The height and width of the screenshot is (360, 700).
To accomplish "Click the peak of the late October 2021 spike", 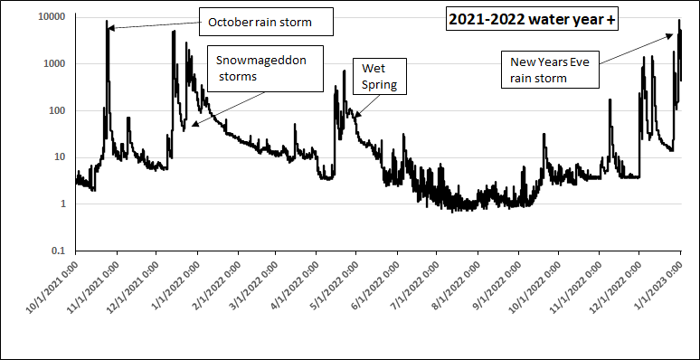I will pyautogui.click(x=107, y=21).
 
